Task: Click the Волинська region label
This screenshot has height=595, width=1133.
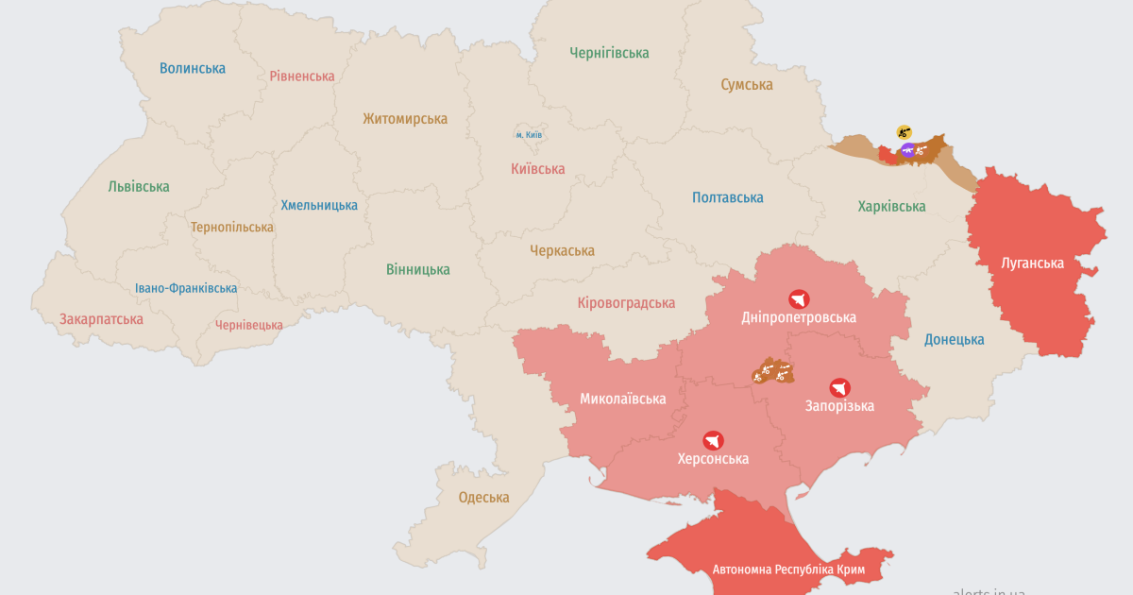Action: point(193,68)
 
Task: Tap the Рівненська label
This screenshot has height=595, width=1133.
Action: point(302,76)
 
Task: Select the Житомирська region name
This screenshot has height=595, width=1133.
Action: point(405,119)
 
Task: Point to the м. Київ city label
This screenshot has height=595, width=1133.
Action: point(529,135)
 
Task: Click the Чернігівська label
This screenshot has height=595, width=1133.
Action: point(609,54)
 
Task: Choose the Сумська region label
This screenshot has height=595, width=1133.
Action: point(747,85)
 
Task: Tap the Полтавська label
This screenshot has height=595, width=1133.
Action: point(727,197)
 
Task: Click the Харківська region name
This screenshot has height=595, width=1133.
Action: point(891,206)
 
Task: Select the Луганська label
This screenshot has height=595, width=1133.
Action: point(1032,263)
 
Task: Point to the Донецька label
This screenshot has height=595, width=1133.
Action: point(954,340)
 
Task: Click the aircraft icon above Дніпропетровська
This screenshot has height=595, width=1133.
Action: point(800,298)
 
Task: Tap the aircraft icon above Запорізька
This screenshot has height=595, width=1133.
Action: point(839,387)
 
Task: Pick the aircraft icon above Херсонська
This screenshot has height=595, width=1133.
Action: point(713,440)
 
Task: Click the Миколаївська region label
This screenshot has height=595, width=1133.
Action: point(622,399)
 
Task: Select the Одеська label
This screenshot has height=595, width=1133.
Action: point(483,498)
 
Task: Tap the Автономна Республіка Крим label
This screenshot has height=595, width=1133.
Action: point(789,569)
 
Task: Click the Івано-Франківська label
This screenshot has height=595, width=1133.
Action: point(186,288)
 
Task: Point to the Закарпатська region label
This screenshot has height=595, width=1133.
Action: point(101,319)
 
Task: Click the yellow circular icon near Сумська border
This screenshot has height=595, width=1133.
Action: point(904,131)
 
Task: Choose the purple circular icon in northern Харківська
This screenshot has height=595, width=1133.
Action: point(907,149)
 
